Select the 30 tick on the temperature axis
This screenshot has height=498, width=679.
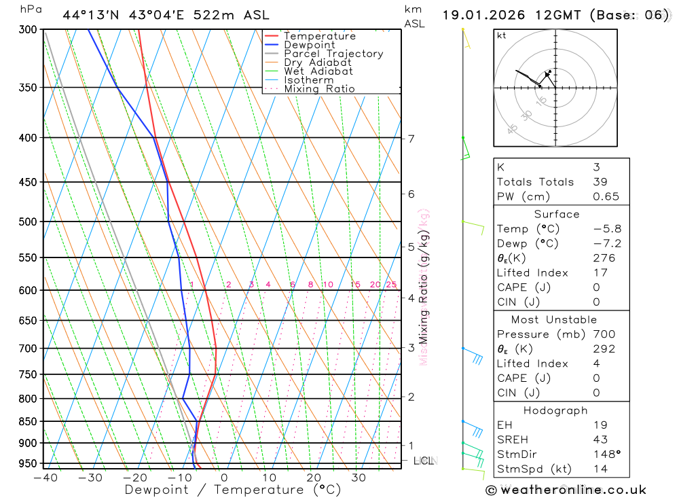coord(359,478)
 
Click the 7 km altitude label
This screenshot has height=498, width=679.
coord(411,139)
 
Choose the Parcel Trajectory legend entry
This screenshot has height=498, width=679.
coord(333,54)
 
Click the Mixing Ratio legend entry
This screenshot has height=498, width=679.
coord(319,89)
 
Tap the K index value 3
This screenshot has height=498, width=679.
coord(596,167)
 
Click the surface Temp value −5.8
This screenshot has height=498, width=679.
coord(607,229)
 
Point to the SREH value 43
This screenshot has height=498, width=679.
coord(600,440)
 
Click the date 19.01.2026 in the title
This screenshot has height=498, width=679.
coord(480,15)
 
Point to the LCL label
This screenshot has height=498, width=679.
coord(424,461)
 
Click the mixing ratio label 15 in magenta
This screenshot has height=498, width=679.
coord(355,285)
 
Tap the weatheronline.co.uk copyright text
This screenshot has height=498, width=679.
coord(566,490)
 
